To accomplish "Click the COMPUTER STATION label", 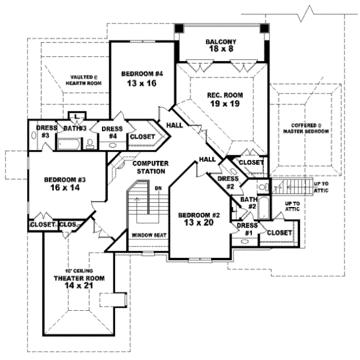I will [x=149, y=167].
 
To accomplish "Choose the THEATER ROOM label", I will [x=79, y=278].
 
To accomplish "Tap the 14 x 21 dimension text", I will [x=79, y=287].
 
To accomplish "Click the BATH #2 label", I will [x=249, y=203].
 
